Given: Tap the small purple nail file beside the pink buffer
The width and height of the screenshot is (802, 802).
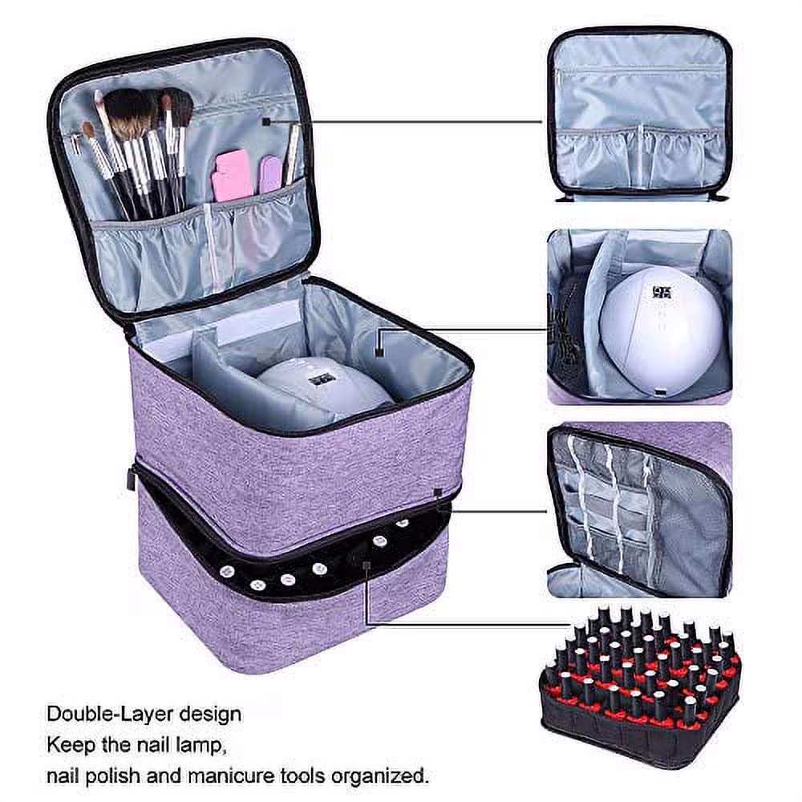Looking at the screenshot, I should (x=270, y=172).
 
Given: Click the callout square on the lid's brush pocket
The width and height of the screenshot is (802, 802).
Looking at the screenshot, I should (x=267, y=121).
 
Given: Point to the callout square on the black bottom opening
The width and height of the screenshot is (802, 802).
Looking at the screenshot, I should (x=365, y=566).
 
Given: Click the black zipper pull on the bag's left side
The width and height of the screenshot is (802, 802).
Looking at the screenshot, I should (x=131, y=479).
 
